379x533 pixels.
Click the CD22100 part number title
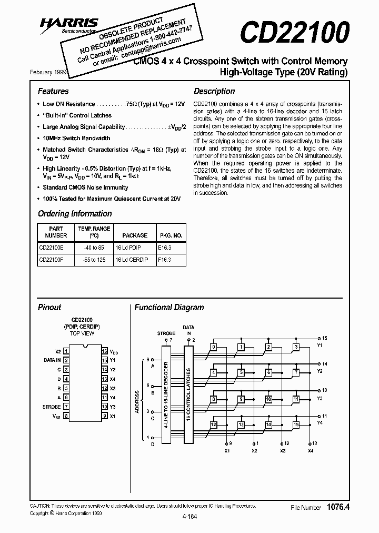coord(294,32)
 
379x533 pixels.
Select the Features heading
coord(53,91)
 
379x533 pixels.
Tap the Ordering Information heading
coord(75,214)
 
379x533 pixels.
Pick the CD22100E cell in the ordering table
coord(52,247)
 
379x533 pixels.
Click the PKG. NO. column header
coord(171,235)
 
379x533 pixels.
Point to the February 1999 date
coord(53,72)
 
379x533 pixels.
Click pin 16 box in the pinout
coord(105,351)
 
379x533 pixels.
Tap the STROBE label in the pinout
coord(52,407)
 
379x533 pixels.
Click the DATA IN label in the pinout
coord(52,360)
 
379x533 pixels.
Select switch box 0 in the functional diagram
coord(213,347)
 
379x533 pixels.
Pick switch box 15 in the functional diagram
coord(296,425)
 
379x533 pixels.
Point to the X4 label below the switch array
coord(311,451)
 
